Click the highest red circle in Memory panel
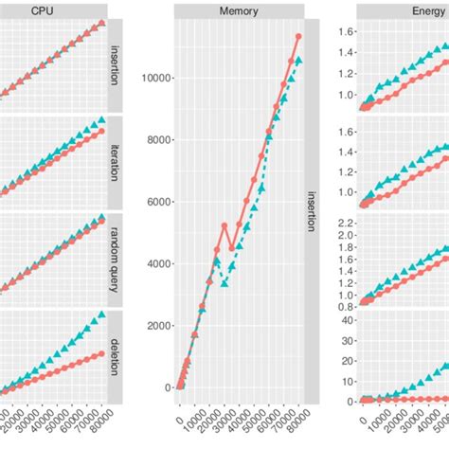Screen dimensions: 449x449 coord(298,36)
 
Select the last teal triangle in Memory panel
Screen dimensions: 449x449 coord(298,60)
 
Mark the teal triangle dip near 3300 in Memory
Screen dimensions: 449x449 coord(224,283)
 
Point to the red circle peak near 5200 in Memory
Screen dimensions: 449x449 coord(224,225)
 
